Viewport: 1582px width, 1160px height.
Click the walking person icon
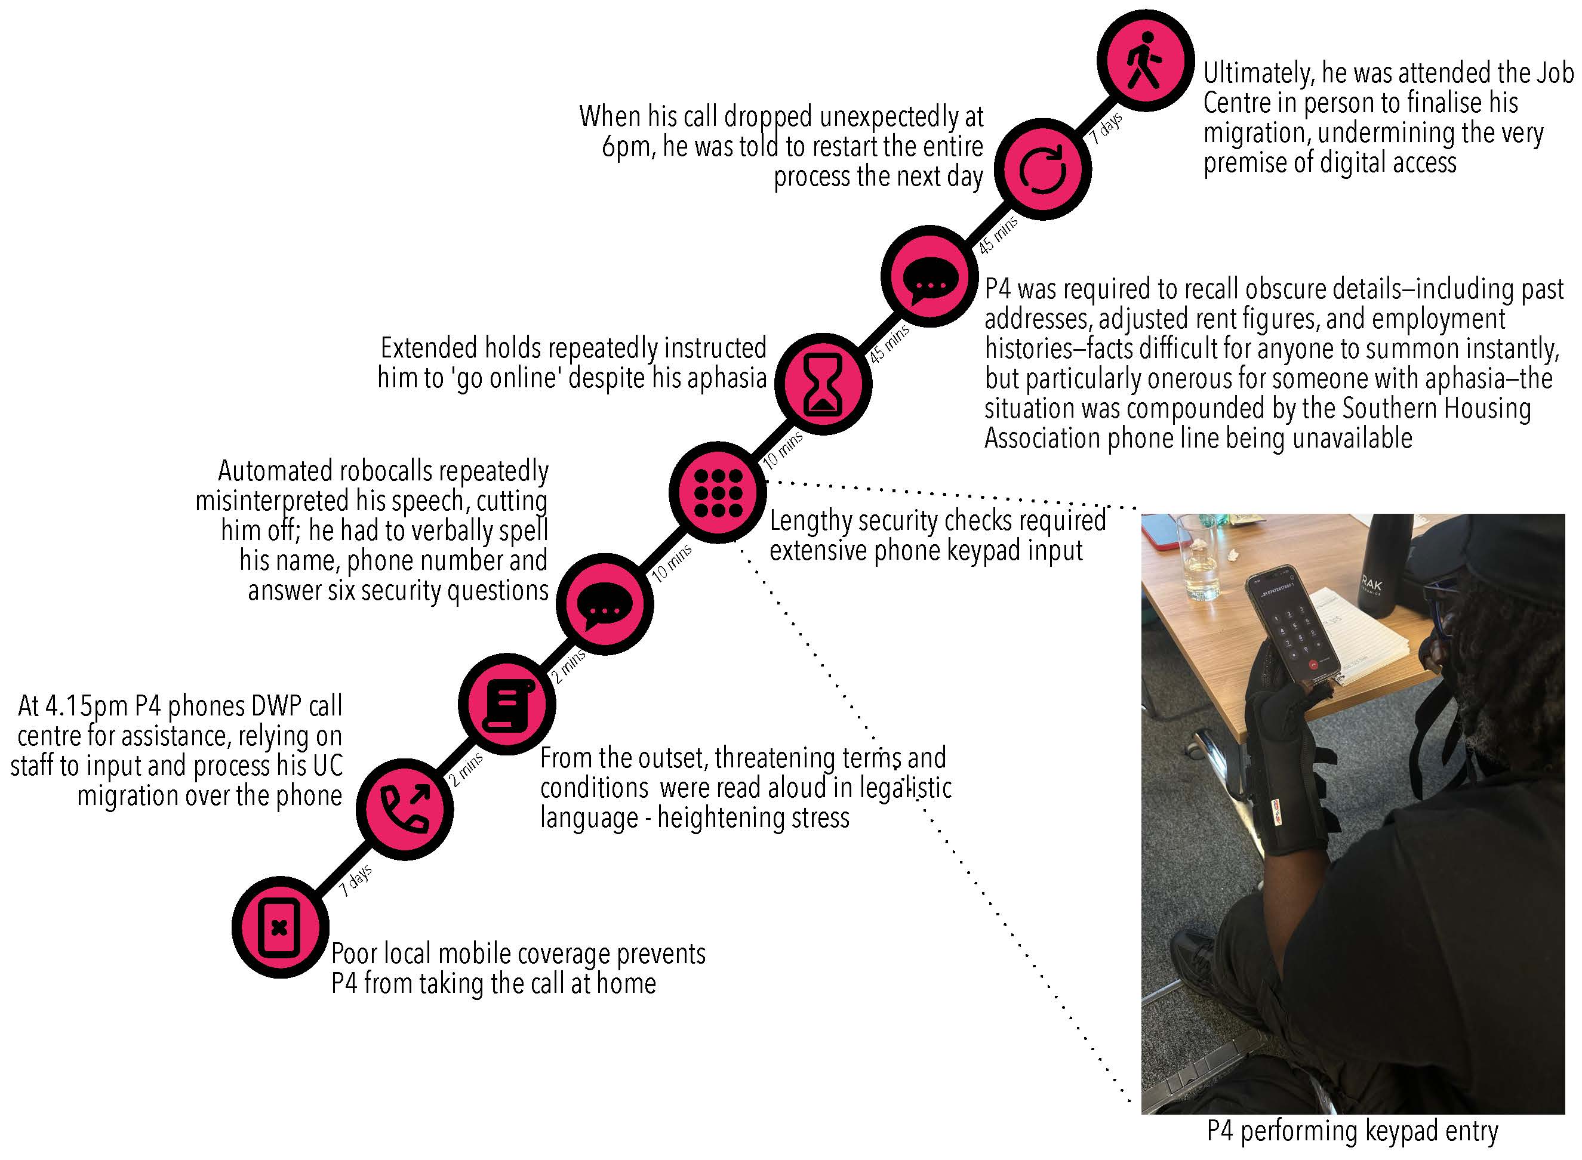point(1144,60)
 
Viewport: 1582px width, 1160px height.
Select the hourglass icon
point(823,385)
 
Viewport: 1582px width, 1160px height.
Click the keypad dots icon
point(717,492)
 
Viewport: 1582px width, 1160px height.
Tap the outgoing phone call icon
point(405,809)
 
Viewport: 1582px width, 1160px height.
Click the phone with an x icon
point(279,927)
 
